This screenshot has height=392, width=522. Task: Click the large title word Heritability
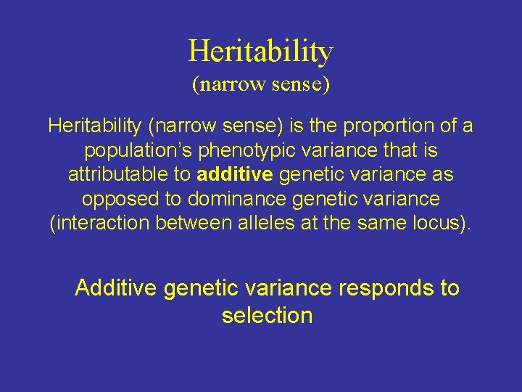tap(261, 52)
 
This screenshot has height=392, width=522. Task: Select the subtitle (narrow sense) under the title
tap(261, 84)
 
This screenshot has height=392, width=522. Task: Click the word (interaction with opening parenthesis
tap(99, 223)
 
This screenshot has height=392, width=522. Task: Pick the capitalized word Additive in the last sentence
tap(116, 288)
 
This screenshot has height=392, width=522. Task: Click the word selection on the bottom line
tap(267, 316)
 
